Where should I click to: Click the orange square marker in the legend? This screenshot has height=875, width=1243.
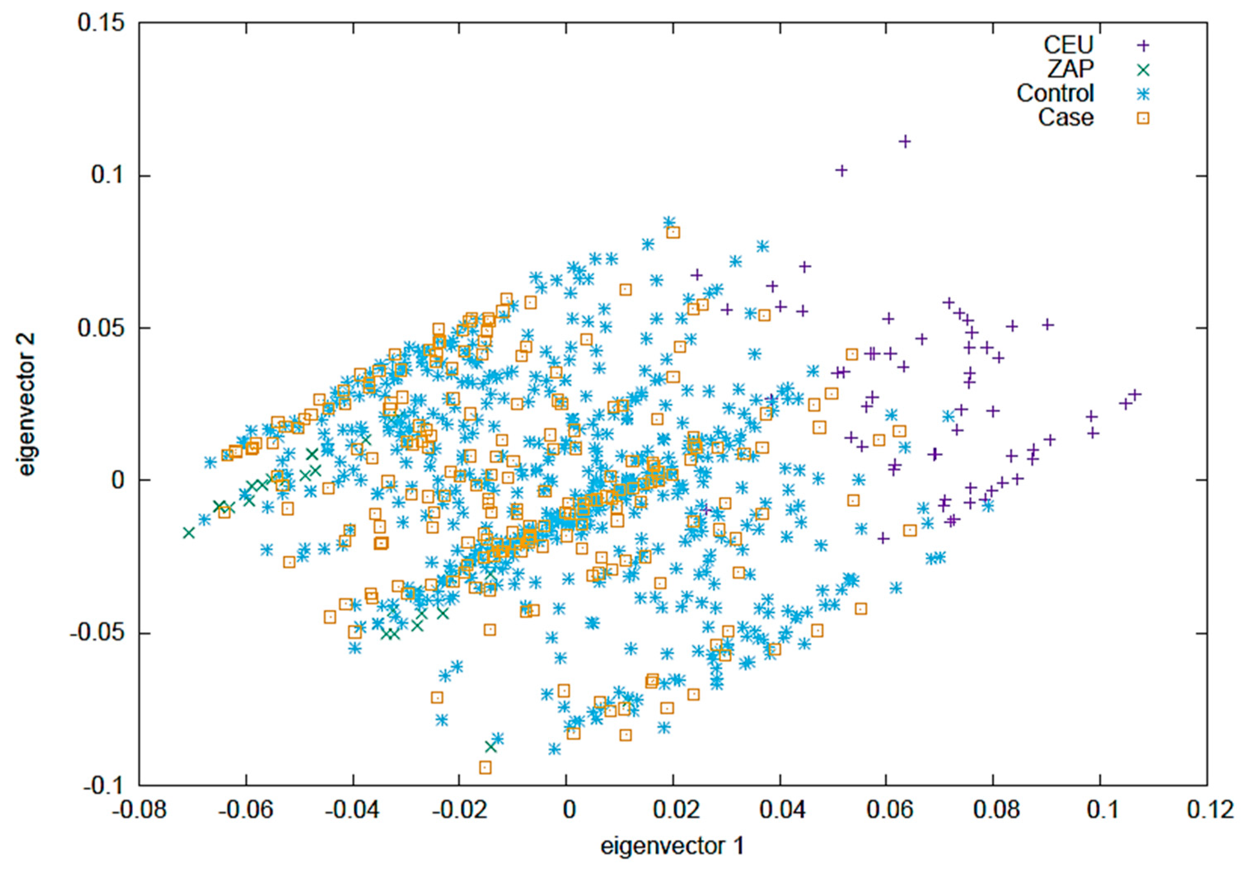coord(1143,118)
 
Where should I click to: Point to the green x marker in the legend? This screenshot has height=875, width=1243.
coord(1143,69)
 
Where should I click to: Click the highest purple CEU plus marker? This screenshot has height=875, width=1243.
coord(904,142)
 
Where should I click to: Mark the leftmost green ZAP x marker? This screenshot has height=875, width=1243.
coord(188,532)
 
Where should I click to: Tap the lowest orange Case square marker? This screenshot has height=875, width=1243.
coord(485,767)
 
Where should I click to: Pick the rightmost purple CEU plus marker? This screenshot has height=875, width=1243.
coord(1135,394)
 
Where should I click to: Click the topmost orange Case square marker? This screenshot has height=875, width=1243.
coord(673,233)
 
